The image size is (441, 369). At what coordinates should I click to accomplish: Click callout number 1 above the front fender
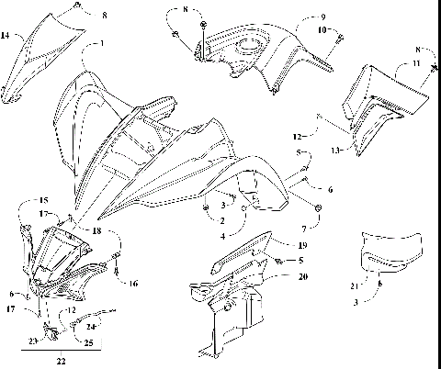pos(102,44)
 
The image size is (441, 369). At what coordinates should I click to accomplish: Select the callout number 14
pos(6,36)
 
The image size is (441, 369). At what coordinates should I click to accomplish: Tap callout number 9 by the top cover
pos(322,17)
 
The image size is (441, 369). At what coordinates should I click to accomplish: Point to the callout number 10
pos(322,30)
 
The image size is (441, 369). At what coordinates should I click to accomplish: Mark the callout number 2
pos(221,220)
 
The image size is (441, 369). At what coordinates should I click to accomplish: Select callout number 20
pos(302,276)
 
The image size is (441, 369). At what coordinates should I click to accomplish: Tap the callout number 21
pos(355,286)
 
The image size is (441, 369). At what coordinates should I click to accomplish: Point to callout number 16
pos(133,284)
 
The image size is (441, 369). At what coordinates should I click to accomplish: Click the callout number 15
pos(43,200)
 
